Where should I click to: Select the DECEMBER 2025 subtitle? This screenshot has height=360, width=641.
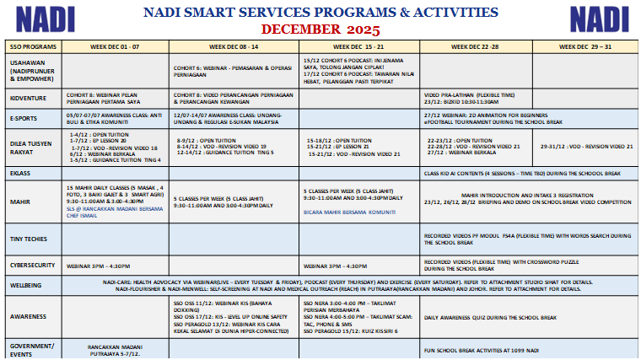click(320, 29)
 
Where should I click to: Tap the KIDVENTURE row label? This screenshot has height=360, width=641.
click(28, 99)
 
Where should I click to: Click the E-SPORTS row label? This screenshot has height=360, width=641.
click(25, 118)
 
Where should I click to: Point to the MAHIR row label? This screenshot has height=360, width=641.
click(20, 202)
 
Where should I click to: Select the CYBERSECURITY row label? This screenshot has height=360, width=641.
click(33, 264)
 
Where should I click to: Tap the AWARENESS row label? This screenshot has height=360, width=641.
click(28, 317)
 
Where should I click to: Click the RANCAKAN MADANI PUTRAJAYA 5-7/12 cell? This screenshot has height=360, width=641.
click(115, 348)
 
